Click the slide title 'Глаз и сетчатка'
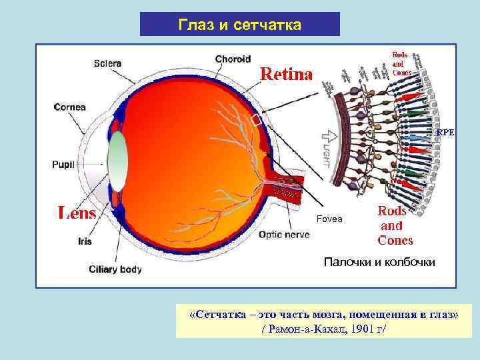(240, 25)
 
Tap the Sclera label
(107, 63)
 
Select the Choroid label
(233, 59)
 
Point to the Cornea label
(69, 107)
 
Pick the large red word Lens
(77, 213)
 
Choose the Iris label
(85, 241)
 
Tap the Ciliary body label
(116, 269)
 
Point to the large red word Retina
(285, 74)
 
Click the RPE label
(445, 133)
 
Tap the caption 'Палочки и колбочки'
(379, 262)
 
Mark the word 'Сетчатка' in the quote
(220, 315)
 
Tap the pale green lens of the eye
(117, 160)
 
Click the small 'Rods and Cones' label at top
(401, 63)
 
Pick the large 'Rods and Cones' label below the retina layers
(395, 225)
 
